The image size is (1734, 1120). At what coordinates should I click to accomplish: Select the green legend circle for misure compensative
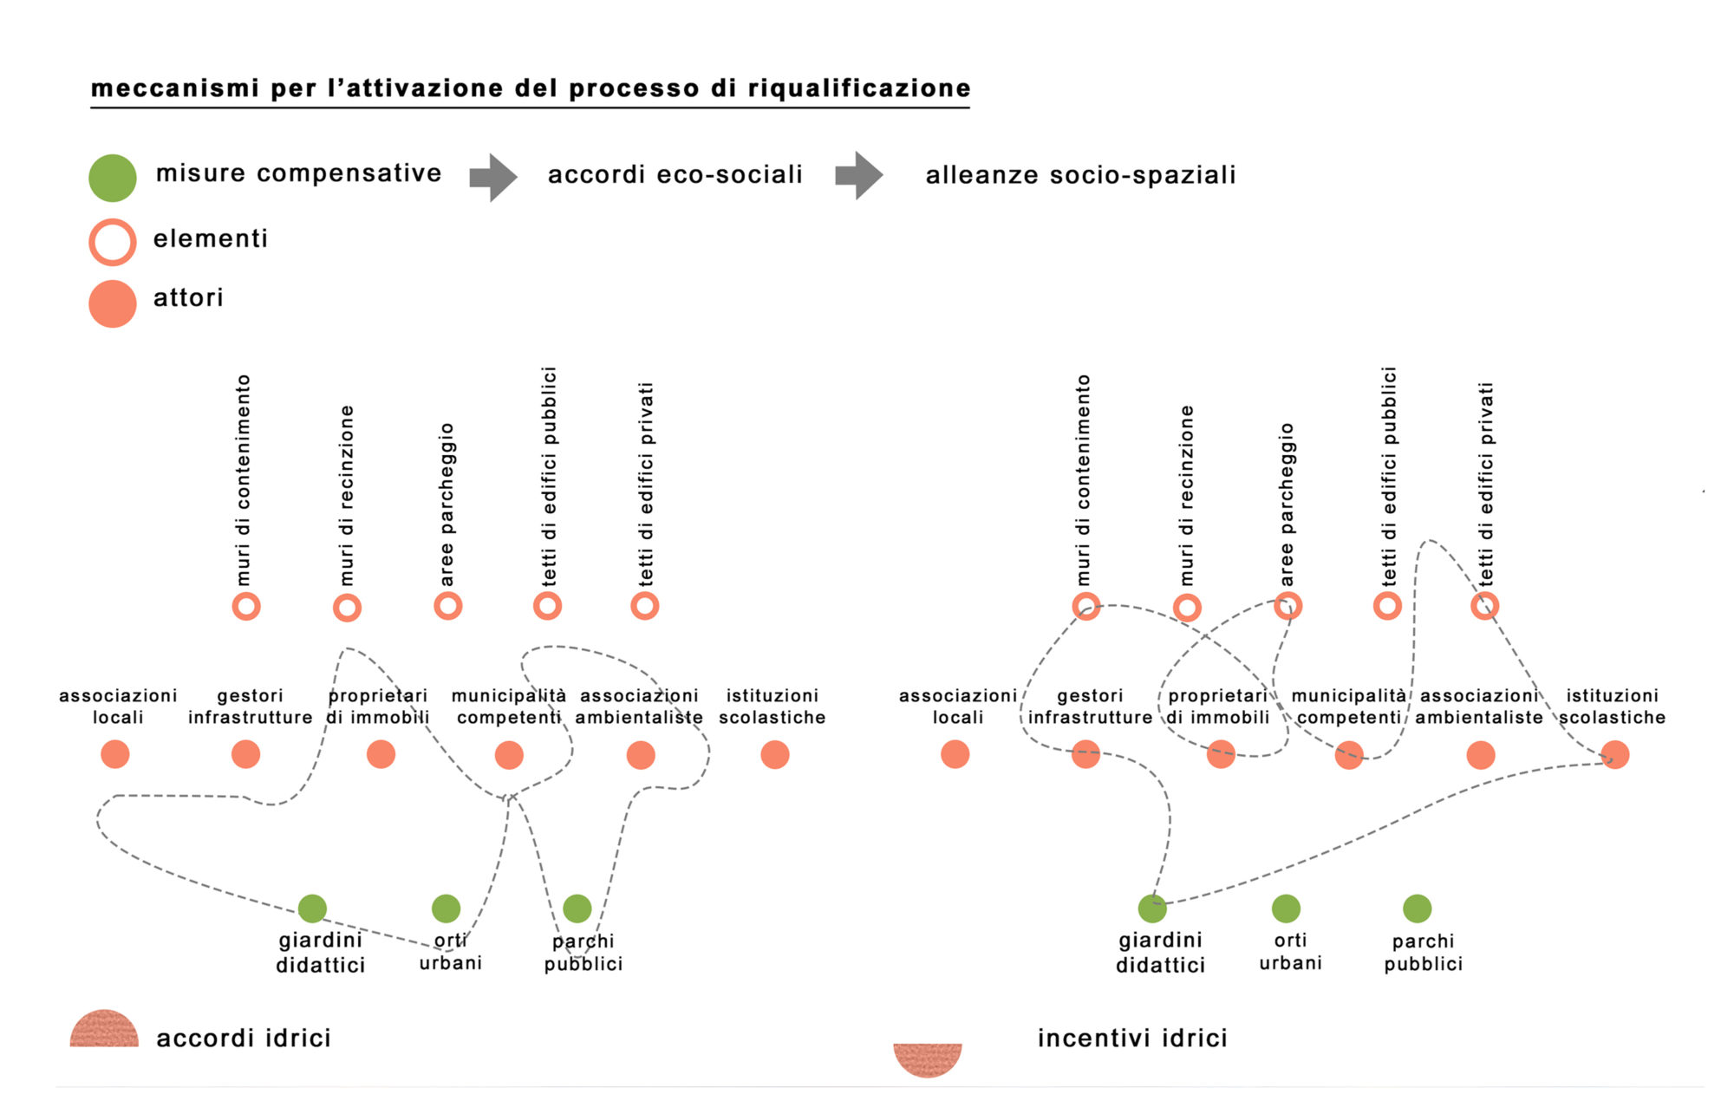pos(113,178)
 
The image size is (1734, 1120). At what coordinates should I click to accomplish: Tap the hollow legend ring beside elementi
pos(113,242)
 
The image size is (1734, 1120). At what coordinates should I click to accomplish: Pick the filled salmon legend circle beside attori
pos(113,303)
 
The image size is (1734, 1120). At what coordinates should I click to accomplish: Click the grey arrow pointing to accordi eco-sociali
pos(493,178)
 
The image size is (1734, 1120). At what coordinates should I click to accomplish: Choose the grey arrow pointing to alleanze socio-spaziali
pos(859,176)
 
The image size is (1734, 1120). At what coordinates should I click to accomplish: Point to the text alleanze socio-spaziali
pos(1080,176)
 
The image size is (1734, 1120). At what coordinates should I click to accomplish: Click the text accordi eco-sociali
pos(675,175)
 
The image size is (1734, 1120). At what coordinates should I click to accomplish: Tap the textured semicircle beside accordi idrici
pos(104,1030)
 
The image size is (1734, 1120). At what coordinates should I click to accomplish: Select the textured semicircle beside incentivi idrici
pos(928,1059)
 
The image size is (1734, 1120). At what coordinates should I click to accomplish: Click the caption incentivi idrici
pos(1132,1039)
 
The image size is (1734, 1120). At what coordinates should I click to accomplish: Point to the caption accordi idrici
pos(244,1039)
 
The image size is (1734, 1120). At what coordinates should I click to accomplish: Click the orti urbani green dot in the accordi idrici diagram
pos(446,908)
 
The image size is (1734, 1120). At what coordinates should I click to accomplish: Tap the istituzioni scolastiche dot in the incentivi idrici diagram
pos(1614,754)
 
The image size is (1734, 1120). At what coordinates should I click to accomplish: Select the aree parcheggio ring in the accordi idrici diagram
pos(447,606)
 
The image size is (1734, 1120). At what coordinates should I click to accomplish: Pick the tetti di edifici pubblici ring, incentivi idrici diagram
pos(1387,606)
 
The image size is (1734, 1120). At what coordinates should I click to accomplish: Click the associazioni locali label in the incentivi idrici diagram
pos(958,707)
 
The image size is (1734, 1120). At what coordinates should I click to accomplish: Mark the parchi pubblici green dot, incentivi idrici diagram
pos(1417,908)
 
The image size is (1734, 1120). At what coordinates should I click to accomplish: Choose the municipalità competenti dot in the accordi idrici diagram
pos(509,755)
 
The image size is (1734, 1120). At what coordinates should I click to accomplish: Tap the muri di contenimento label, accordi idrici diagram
pos(244,480)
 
